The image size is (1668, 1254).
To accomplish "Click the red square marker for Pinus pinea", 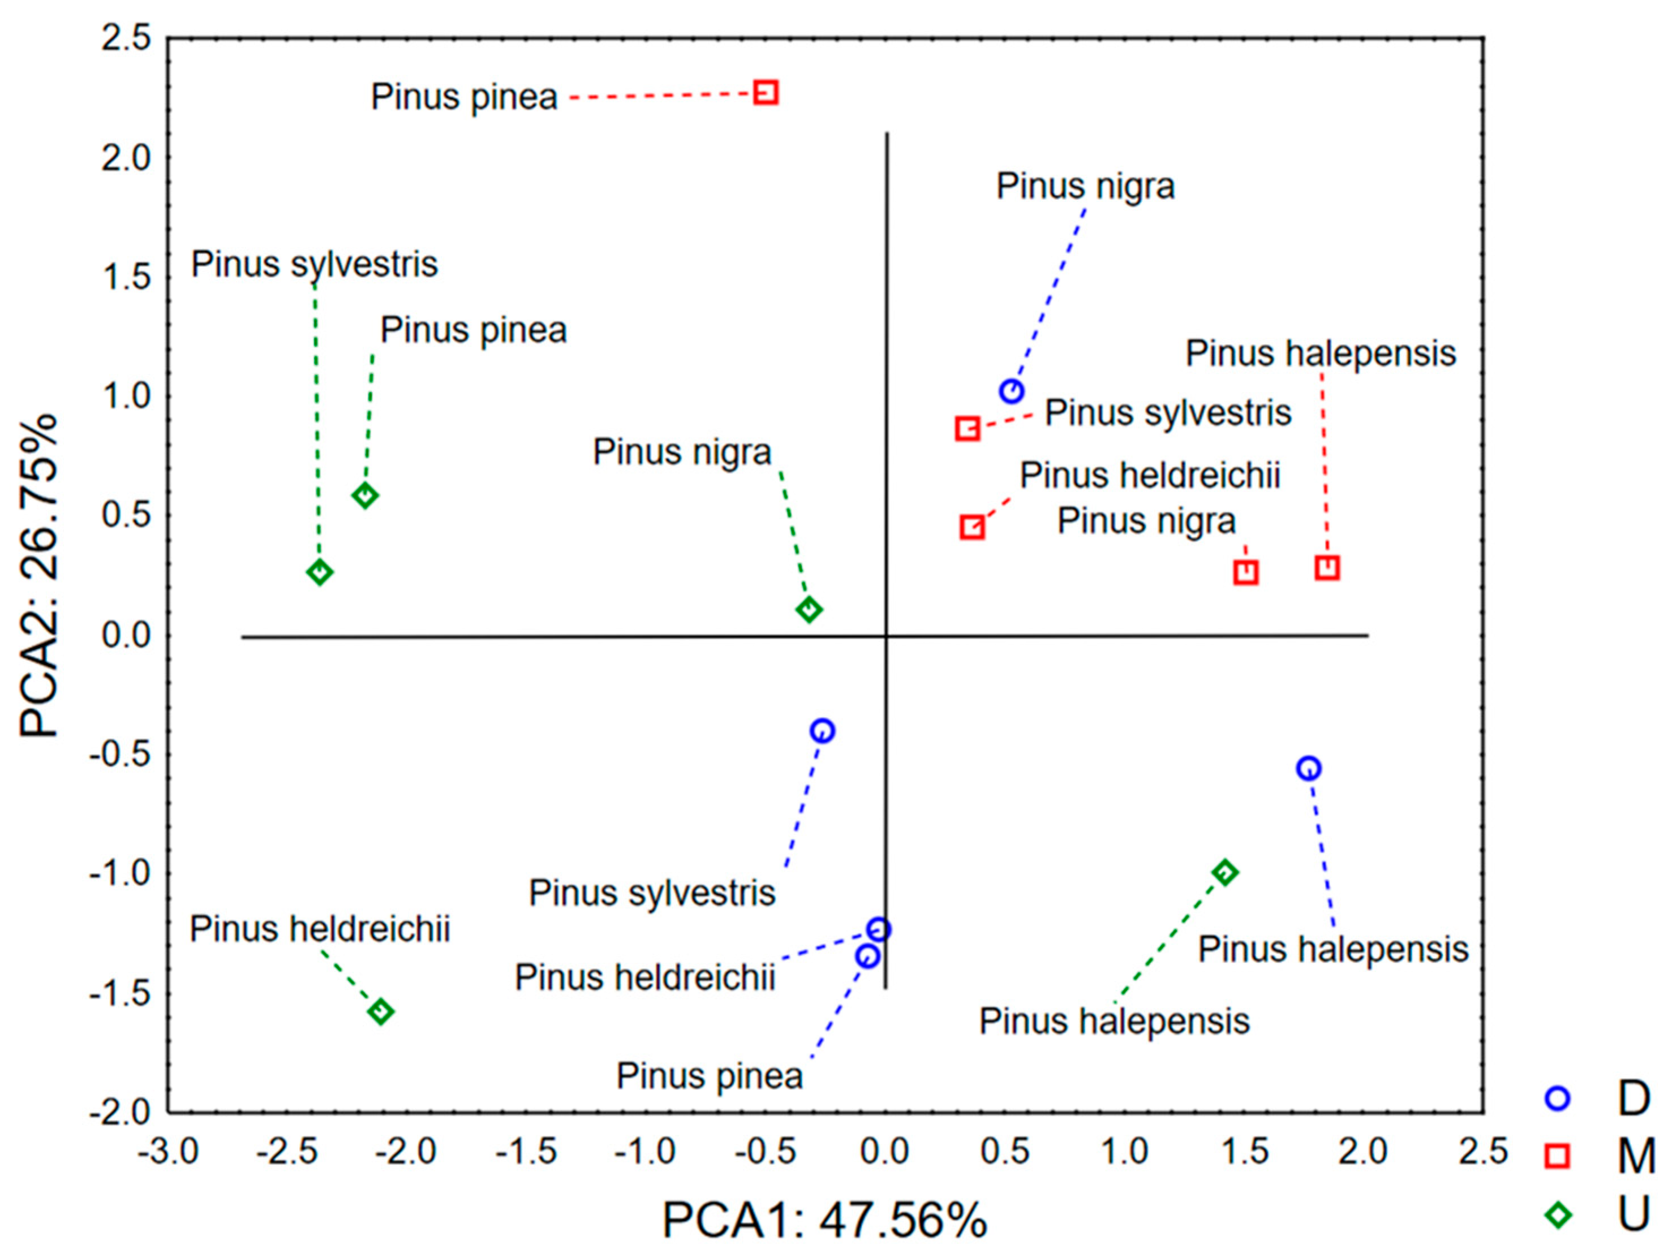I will [766, 93].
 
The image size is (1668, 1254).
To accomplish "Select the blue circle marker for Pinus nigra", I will [1011, 391].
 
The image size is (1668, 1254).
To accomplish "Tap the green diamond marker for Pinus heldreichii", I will [381, 1011].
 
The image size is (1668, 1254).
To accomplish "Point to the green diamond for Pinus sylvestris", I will [320, 572].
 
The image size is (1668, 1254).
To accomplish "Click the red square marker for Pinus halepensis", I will [1327, 567].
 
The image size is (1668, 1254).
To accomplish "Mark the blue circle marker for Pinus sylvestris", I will [822, 730].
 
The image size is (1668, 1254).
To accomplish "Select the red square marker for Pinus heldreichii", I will [972, 527].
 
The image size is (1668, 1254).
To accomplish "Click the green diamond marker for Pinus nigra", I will [809, 609].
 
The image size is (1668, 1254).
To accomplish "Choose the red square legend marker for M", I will [1557, 1155].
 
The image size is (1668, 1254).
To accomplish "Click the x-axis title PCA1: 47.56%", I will [824, 1220].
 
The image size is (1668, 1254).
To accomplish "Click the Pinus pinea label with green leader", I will [473, 330].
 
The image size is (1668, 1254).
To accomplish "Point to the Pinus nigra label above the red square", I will [1146, 521].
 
